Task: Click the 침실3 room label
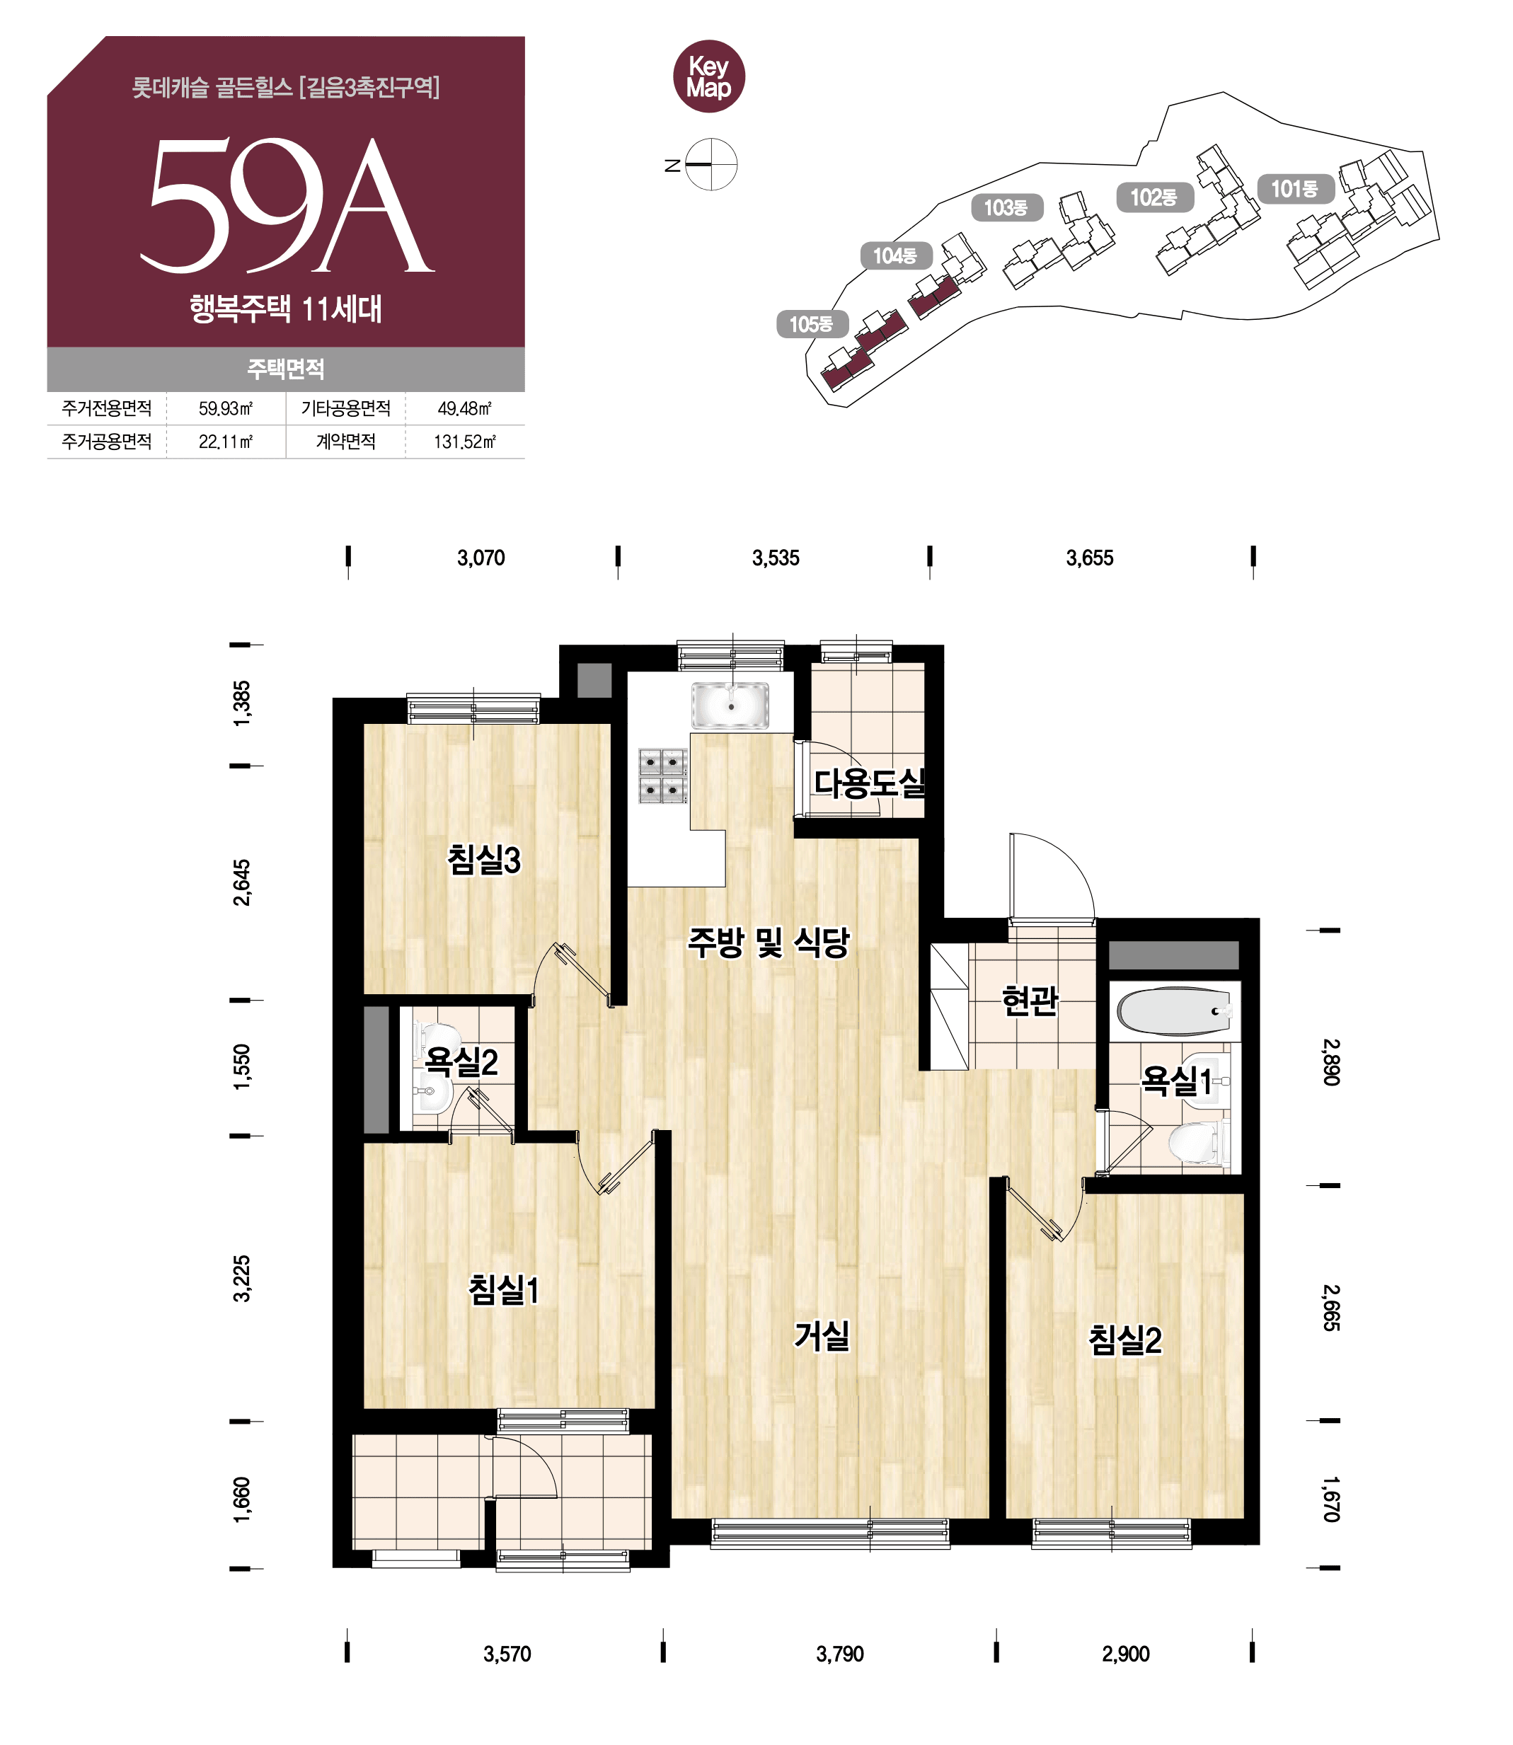click(484, 860)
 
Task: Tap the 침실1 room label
click(504, 1290)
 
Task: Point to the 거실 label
click(822, 1335)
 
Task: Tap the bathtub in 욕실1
click(1173, 1011)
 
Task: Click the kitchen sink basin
click(730, 706)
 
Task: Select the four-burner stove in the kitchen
click(663, 776)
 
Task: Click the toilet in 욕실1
click(1198, 1144)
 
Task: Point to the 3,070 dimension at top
click(481, 558)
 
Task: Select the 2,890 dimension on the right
click(1330, 1062)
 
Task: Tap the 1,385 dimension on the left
click(241, 703)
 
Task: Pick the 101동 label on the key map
click(1295, 189)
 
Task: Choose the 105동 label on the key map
click(812, 324)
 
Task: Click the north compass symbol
click(711, 163)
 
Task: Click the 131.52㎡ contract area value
click(464, 442)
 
